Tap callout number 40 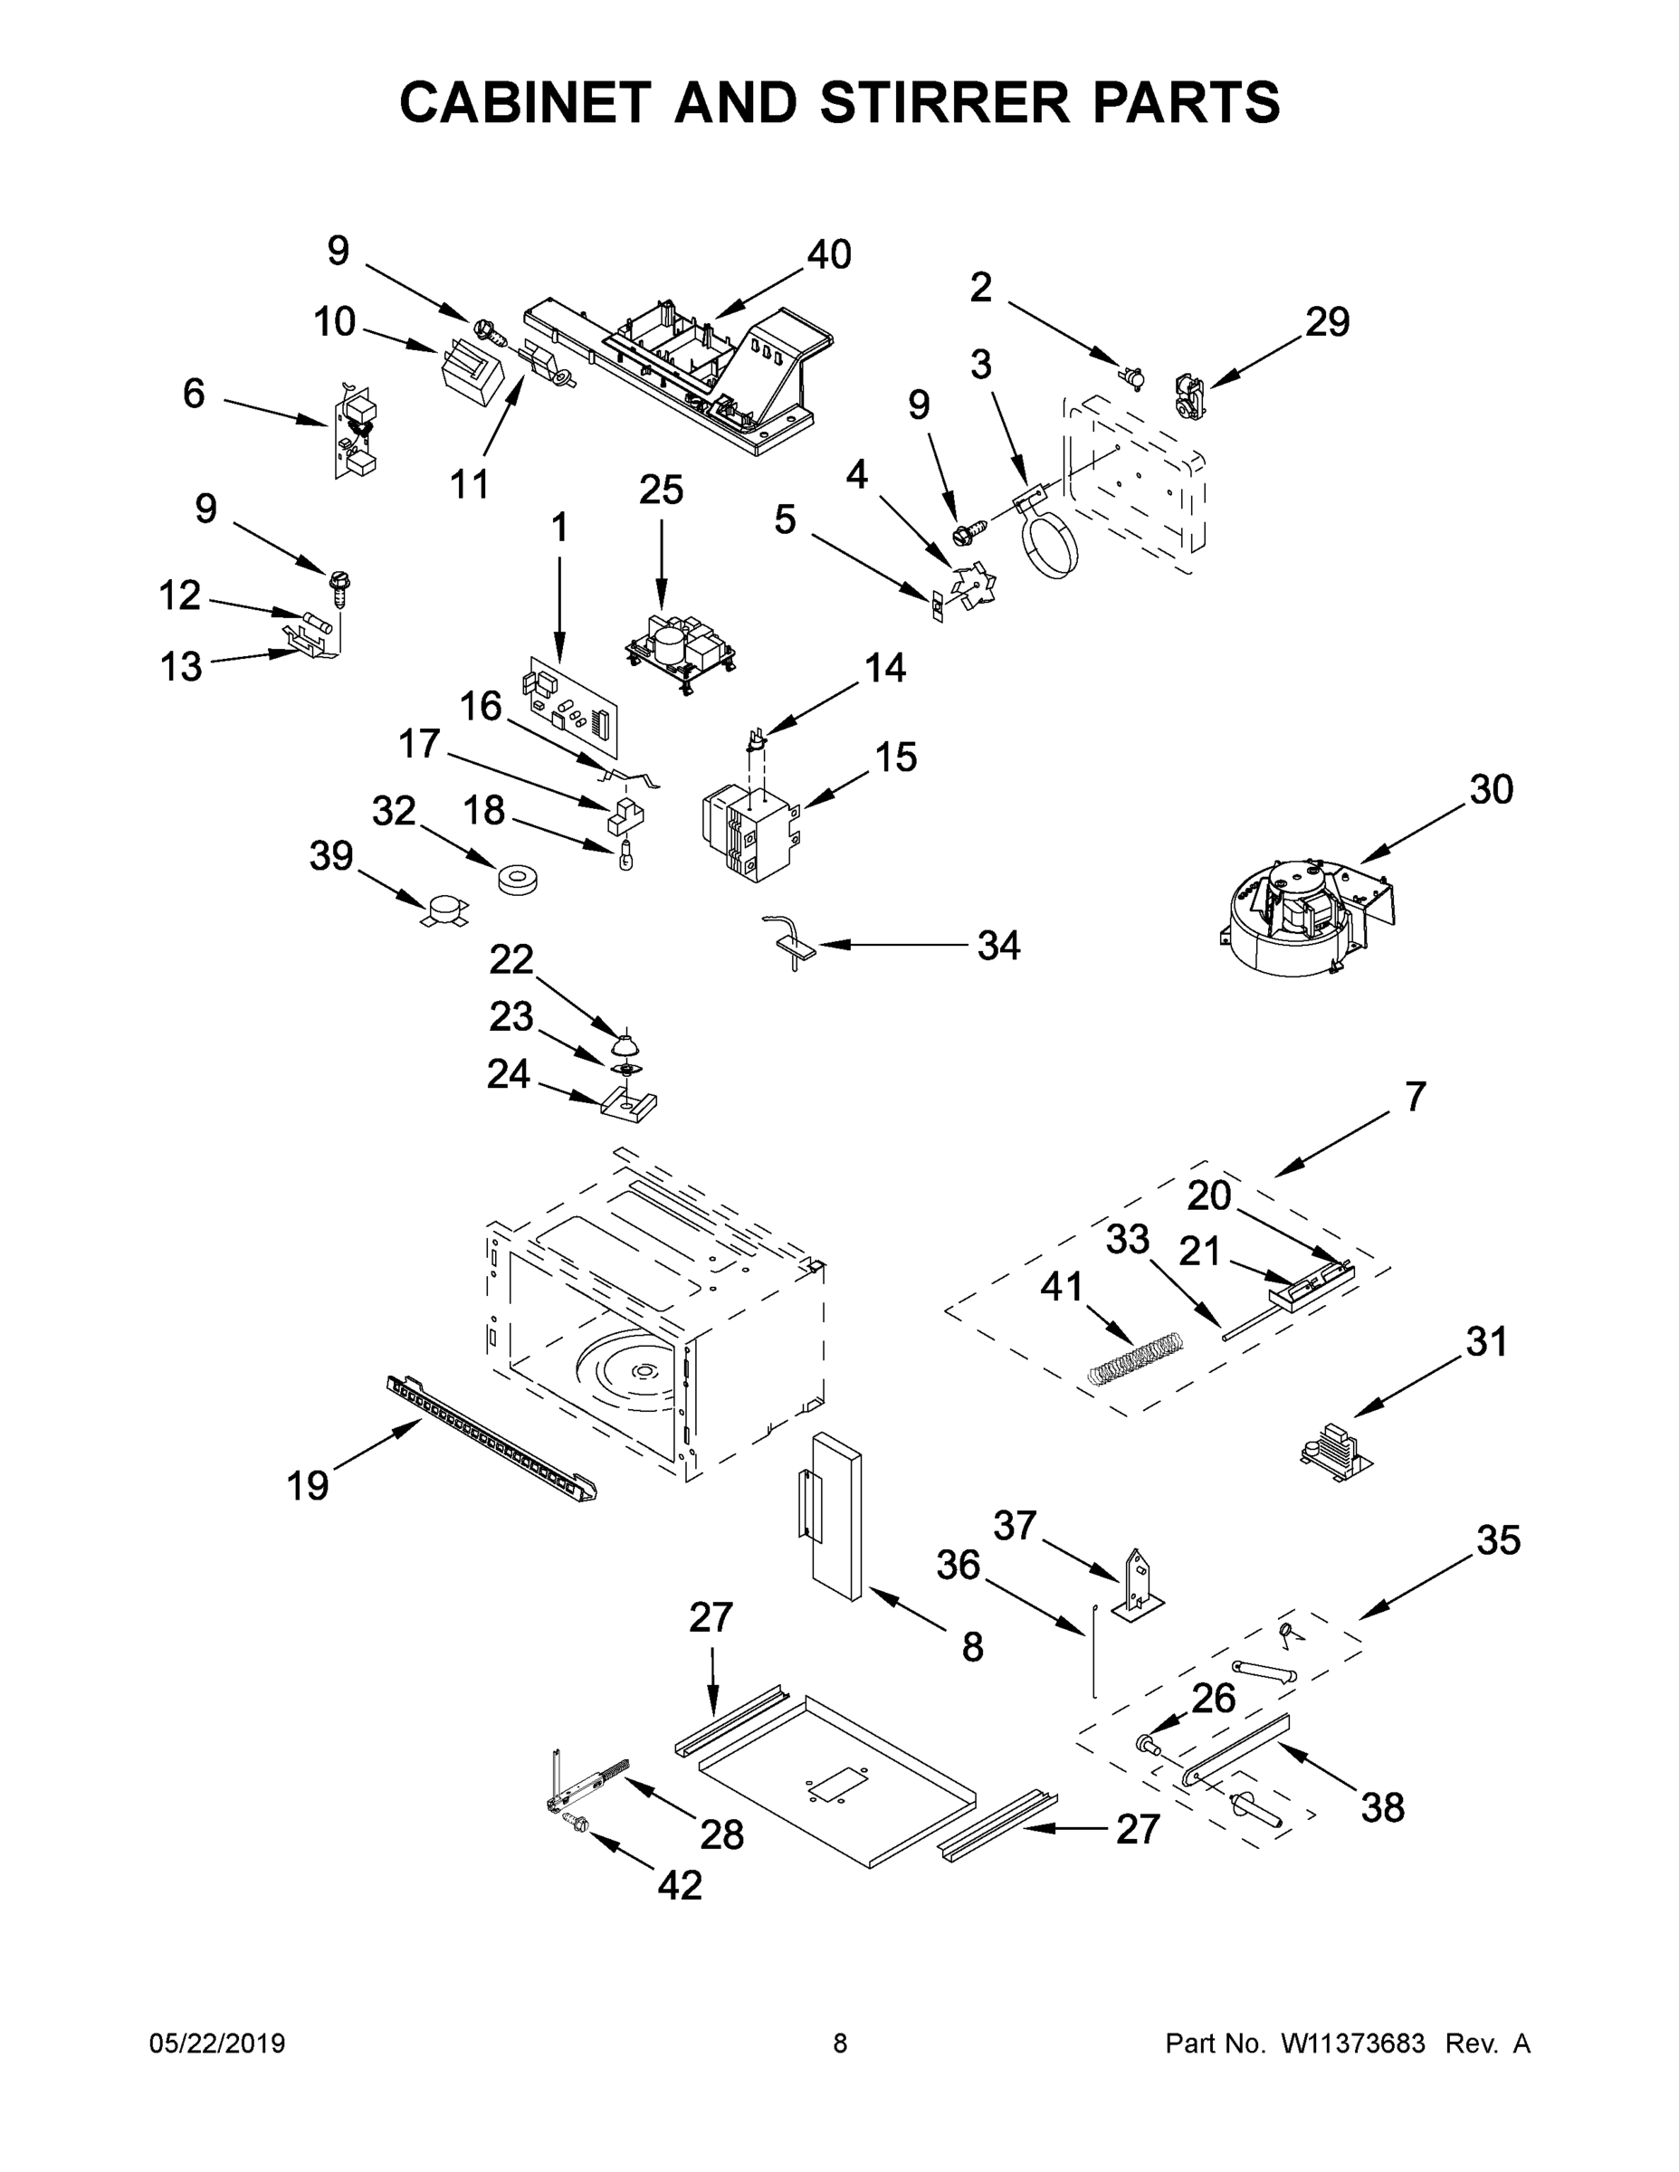pos(828,255)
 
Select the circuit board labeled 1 pos(569,704)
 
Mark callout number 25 pos(662,491)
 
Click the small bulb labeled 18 pos(625,855)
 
